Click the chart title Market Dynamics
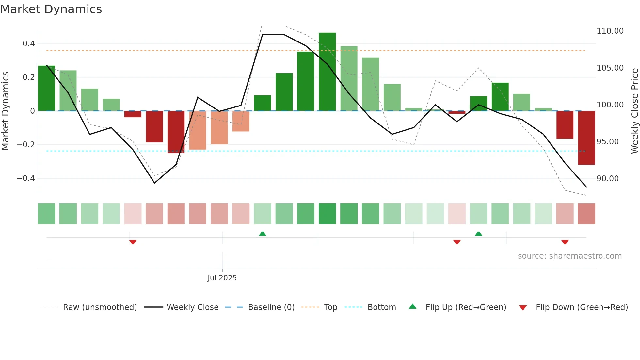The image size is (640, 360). [51, 9]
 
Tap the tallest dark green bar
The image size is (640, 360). [327, 72]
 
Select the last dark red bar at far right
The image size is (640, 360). [586, 138]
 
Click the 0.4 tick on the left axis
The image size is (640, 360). [29, 44]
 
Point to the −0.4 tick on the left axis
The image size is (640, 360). [26, 178]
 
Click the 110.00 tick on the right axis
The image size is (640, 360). [610, 31]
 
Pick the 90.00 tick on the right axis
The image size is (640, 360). [608, 179]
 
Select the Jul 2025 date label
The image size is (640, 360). [222, 278]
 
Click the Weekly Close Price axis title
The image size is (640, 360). [635, 111]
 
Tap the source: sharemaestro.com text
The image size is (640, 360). [570, 256]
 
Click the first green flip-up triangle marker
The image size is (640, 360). [263, 234]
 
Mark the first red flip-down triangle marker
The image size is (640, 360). [133, 242]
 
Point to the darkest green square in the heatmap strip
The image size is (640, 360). [327, 214]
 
